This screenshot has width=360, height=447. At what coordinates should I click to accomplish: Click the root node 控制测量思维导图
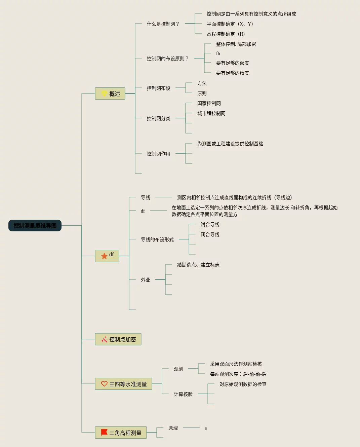[x=35, y=226]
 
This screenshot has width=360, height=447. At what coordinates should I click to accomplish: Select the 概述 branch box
[x=110, y=94]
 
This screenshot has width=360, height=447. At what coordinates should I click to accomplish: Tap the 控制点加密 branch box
[x=118, y=339]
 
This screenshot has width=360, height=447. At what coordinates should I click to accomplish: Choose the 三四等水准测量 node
[x=123, y=384]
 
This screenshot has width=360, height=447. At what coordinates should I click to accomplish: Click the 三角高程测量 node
[x=121, y=433]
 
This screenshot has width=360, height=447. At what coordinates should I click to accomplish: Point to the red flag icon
[x=104, y=432]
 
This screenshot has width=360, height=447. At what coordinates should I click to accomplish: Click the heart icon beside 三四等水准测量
[x=104, y=384]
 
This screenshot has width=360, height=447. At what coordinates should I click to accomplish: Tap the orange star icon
[x=104, y=256]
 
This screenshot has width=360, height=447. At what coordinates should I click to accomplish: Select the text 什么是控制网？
[x=163, y=24]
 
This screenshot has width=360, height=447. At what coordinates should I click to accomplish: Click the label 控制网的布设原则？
[x=168, y=59]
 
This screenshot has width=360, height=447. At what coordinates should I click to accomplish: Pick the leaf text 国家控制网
[x=209, y=103]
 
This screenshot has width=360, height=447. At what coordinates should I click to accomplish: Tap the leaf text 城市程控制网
[x=211, y=113]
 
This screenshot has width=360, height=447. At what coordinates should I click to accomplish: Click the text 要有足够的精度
[x=233, y=73]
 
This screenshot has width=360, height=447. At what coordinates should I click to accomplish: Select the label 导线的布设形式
[x=157, y=239]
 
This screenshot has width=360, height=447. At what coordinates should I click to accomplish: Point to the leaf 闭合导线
[x=210, y=234]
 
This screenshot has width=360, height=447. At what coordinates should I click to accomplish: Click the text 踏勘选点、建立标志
[x=198, y=265]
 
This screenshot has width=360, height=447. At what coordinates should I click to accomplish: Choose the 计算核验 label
[x=183, y=394]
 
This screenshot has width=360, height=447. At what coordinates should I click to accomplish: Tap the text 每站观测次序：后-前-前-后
[x=238, y=374]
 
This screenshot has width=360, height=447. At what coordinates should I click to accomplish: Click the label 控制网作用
[x=159, y=154]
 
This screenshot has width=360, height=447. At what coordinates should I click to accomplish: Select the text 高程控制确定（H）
[x=226, y=34]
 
